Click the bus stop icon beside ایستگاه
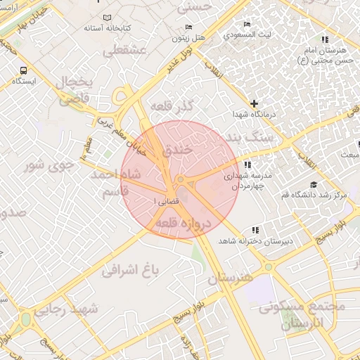click(24, 70)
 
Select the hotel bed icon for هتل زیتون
click(179, 26)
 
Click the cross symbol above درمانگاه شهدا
click(255, 103)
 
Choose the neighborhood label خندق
click(176, 150)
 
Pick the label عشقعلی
click(123, 51)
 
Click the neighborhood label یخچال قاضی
click(75, 89)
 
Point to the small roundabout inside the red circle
click(181, 180)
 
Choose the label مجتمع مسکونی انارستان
click(302, 314)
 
